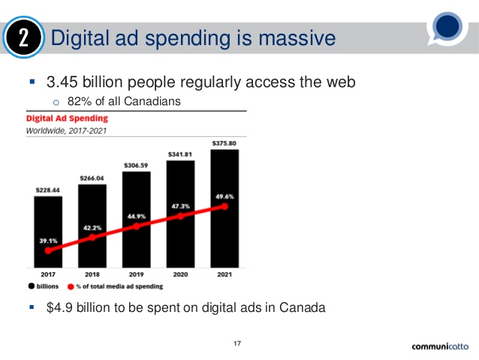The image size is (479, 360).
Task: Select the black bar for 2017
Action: (48, 233)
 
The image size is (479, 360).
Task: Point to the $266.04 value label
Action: (92, 178)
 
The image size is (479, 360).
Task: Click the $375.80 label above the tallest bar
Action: (225, 143)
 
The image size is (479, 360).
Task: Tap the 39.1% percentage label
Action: (48, 241)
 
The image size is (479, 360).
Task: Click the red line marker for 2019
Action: (137, 225)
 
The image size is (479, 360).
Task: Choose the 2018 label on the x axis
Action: (92, 275)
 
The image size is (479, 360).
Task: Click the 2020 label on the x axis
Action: (181, 275)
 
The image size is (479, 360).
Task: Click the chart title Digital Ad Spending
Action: (67, 118)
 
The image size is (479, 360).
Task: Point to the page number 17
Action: (238, 344)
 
